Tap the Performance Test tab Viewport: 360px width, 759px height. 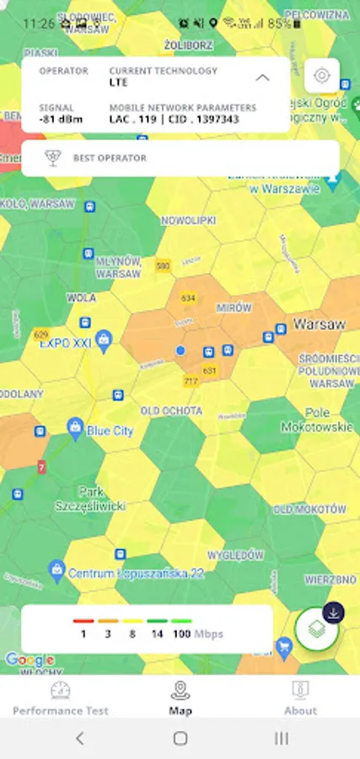pos(60,699)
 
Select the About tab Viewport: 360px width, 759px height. pos(300,699)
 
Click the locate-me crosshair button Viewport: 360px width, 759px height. pos(322,76)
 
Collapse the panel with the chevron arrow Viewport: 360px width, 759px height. pos(263,78)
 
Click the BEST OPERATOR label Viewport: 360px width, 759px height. pos(110,159)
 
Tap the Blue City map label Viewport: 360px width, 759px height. pos(110,431)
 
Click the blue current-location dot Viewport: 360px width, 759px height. pos(180,350)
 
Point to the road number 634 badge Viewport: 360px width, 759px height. pos(187,299)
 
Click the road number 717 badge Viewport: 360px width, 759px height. pos(191,381)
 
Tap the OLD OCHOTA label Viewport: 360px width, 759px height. pos(171,411)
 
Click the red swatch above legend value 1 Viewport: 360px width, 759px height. pos(83,622)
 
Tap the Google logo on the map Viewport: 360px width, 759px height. pos(30,659)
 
